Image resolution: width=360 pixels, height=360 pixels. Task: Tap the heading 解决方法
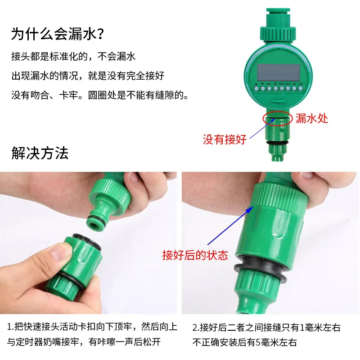point(40,153)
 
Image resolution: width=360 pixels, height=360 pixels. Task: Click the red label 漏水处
point(311,118)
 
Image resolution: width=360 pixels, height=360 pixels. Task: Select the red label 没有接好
point(225,139)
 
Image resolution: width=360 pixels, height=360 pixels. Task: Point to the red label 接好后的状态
point(195,256)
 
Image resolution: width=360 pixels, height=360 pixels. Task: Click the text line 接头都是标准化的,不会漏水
point(73,57)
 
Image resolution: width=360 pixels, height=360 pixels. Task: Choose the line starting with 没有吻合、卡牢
point(100,95)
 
